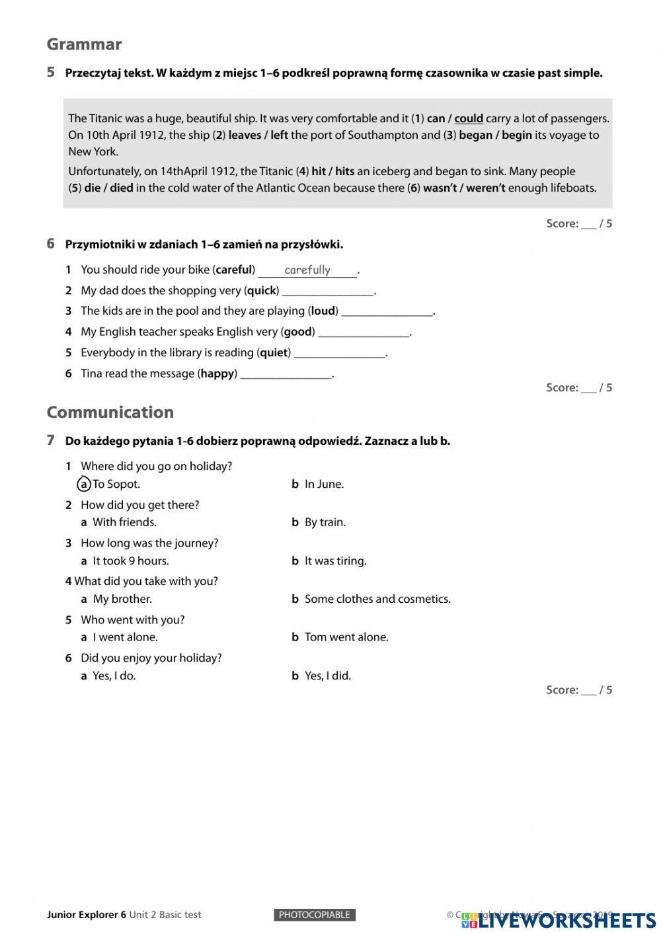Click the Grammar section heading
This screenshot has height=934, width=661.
(84, 44)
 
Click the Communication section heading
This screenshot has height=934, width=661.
(110, 412)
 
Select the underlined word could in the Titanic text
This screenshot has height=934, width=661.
(469, 118)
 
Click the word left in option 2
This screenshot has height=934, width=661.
(279, 135)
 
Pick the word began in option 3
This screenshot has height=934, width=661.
(475, 135)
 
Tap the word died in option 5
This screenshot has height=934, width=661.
(122, 188)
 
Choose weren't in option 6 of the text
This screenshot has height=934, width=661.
(486, 188)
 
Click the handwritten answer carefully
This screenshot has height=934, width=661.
(307, 270)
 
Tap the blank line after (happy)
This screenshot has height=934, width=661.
(286, 375)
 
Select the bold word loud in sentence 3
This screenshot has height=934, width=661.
(323, 311)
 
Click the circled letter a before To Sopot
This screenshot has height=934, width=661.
(84, 484)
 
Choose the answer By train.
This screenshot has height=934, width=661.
(325, 522)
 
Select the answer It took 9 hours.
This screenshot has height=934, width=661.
(131, 561)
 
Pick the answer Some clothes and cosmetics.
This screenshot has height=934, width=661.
(377, 599)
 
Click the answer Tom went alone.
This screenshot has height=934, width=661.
(346, 637)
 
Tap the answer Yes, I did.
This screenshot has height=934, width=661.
(327, 676)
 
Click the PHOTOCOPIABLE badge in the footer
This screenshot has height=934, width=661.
(315, 915)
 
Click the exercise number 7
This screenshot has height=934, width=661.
(50, 440)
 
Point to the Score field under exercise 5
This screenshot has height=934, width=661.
(579, 223)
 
